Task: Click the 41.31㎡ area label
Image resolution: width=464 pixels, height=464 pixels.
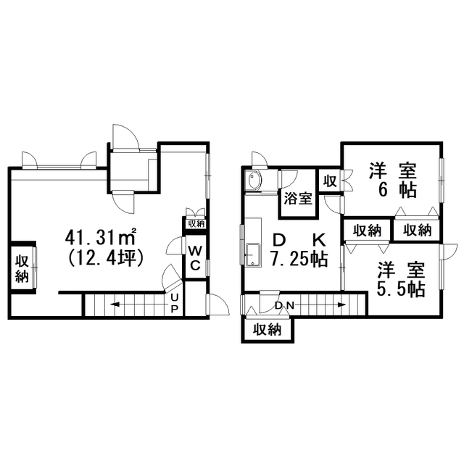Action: pos(101,237)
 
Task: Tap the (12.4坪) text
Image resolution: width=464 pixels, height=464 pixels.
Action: pos(106,257)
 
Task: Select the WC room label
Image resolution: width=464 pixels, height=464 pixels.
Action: pos(195,258)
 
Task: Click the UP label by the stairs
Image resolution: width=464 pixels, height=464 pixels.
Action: pos(175,303)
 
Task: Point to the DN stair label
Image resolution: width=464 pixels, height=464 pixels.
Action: pos(284,305)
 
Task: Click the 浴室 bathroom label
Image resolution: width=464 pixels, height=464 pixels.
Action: pos(298,198)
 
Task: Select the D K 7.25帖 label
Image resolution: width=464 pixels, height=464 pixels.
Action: pos(299,250)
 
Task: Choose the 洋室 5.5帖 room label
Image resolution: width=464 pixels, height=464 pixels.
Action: pos(401,279)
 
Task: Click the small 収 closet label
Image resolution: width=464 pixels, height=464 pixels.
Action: pos(330,181)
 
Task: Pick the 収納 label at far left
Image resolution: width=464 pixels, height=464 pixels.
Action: pos(22,268)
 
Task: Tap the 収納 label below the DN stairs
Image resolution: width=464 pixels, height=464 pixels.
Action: pos(268,329)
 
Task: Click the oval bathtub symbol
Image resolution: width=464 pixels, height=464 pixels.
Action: pos(254,181)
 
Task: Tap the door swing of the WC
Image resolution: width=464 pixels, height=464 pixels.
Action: pos(174,245)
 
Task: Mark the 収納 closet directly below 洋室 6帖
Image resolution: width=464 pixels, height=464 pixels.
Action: pos(417,230)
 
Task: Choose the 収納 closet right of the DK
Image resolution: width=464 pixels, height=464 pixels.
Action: pos(368,231)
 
